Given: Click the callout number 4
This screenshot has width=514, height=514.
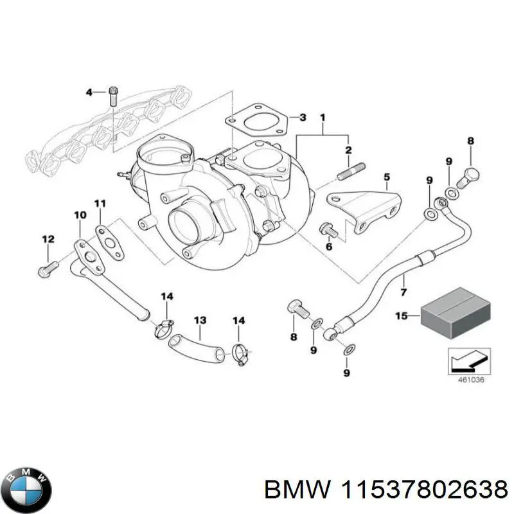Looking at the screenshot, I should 90,93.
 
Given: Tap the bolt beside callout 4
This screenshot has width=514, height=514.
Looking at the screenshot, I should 113,95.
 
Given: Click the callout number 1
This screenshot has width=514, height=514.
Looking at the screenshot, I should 323,118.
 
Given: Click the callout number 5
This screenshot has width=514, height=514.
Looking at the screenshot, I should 386,177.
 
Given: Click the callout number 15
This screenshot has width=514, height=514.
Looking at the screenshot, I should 401,316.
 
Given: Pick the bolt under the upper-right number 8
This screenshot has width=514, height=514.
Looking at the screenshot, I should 472,173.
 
